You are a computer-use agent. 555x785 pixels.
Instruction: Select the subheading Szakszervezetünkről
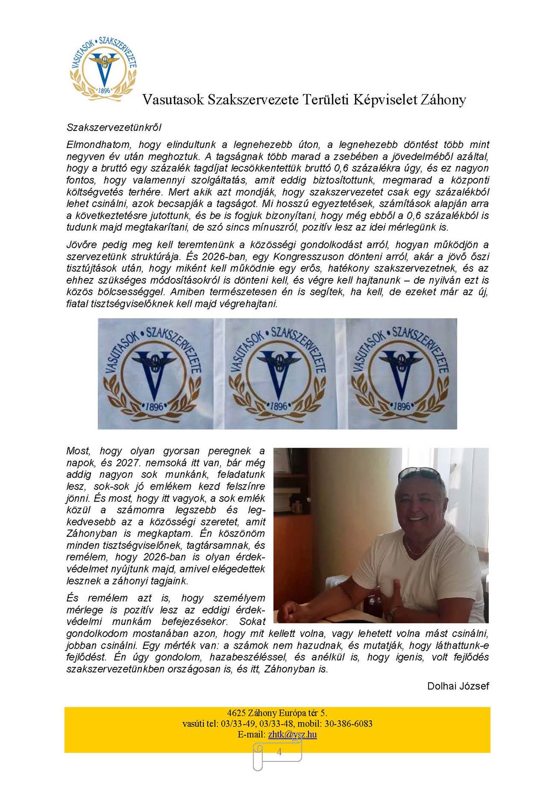pos(114,127)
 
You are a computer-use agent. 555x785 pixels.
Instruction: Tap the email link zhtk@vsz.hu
pos(292,734)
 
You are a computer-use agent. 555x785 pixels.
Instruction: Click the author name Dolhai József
pos(458,686)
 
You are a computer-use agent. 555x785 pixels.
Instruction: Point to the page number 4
pos(279,752)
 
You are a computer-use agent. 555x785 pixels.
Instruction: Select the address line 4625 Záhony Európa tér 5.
pos(277,713)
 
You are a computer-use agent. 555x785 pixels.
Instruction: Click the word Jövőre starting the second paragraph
pos(81,244)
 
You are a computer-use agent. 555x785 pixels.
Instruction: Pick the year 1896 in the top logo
pos(104,90)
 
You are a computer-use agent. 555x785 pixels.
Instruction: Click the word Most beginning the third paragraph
pos(78,451)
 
